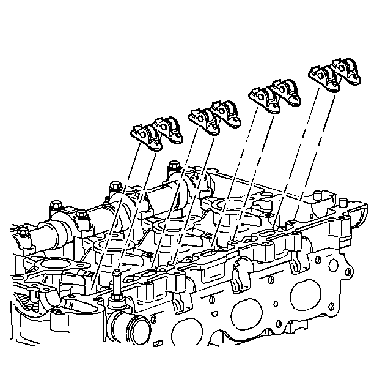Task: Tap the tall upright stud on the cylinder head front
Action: [116, 283]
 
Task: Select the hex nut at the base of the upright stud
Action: [116, 302]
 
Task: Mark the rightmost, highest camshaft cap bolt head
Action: [175, 165]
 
